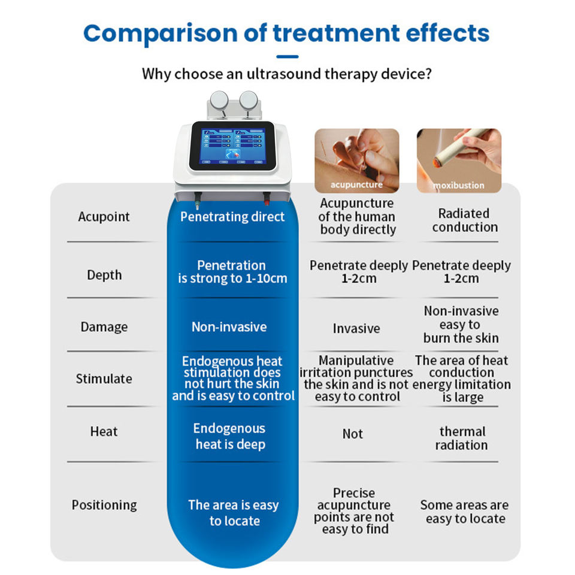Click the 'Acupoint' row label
pos(104,217)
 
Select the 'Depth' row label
pos(104,275)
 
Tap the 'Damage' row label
pos(104,327)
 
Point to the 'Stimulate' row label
pos(104,379)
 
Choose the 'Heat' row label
pos(104,431)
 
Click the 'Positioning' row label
pos(104,505)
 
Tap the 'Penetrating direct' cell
pos(232,217)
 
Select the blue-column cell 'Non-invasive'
pos(229,327)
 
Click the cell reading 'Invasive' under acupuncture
pos(356,328)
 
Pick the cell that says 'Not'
pos(352,434)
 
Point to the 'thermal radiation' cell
pos(462,438)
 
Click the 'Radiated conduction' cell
pos(465,220)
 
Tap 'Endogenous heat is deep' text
pos(229,437)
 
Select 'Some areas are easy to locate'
pos(465,512)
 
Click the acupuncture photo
pos(357,161)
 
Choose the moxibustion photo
pos(459,161)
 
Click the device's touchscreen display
pos(232,146)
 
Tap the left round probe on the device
pos(219,100)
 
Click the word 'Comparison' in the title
pos(161,34)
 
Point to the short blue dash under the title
pos(287,57)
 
